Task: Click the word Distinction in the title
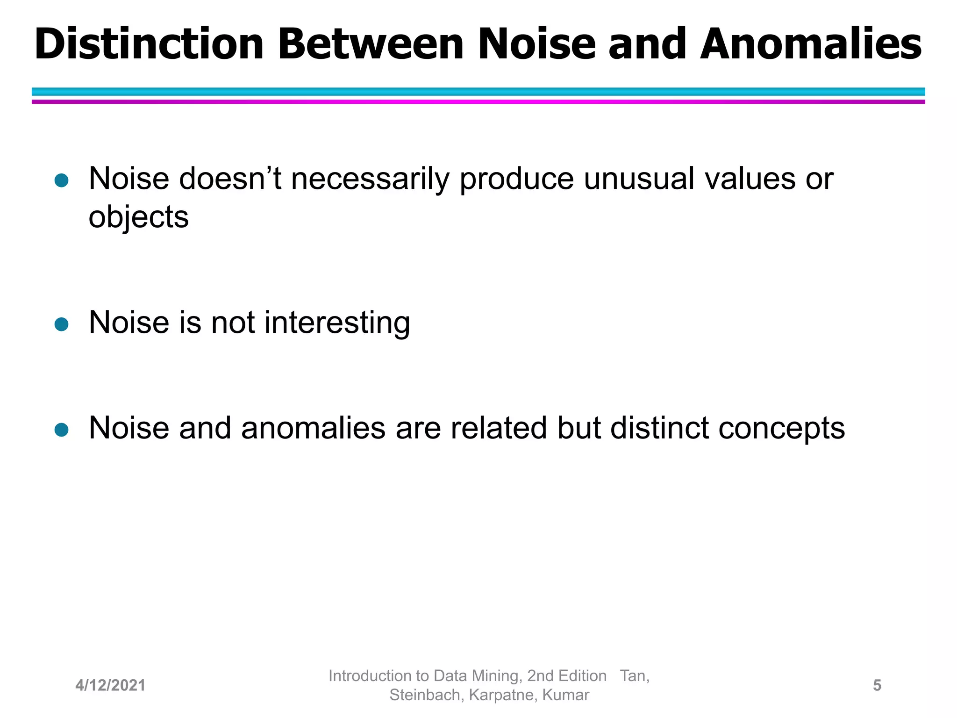point(149,44)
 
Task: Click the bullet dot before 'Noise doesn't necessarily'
point(62,180)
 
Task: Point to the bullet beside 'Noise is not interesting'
point(62,324)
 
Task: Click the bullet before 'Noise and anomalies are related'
point(62,429)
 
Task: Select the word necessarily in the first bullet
point(370,179)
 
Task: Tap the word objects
point(138,218)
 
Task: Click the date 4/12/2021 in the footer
point(110,685)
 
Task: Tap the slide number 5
point(877,685)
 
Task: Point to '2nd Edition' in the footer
point(566,675)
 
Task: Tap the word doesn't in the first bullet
point(231,179)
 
